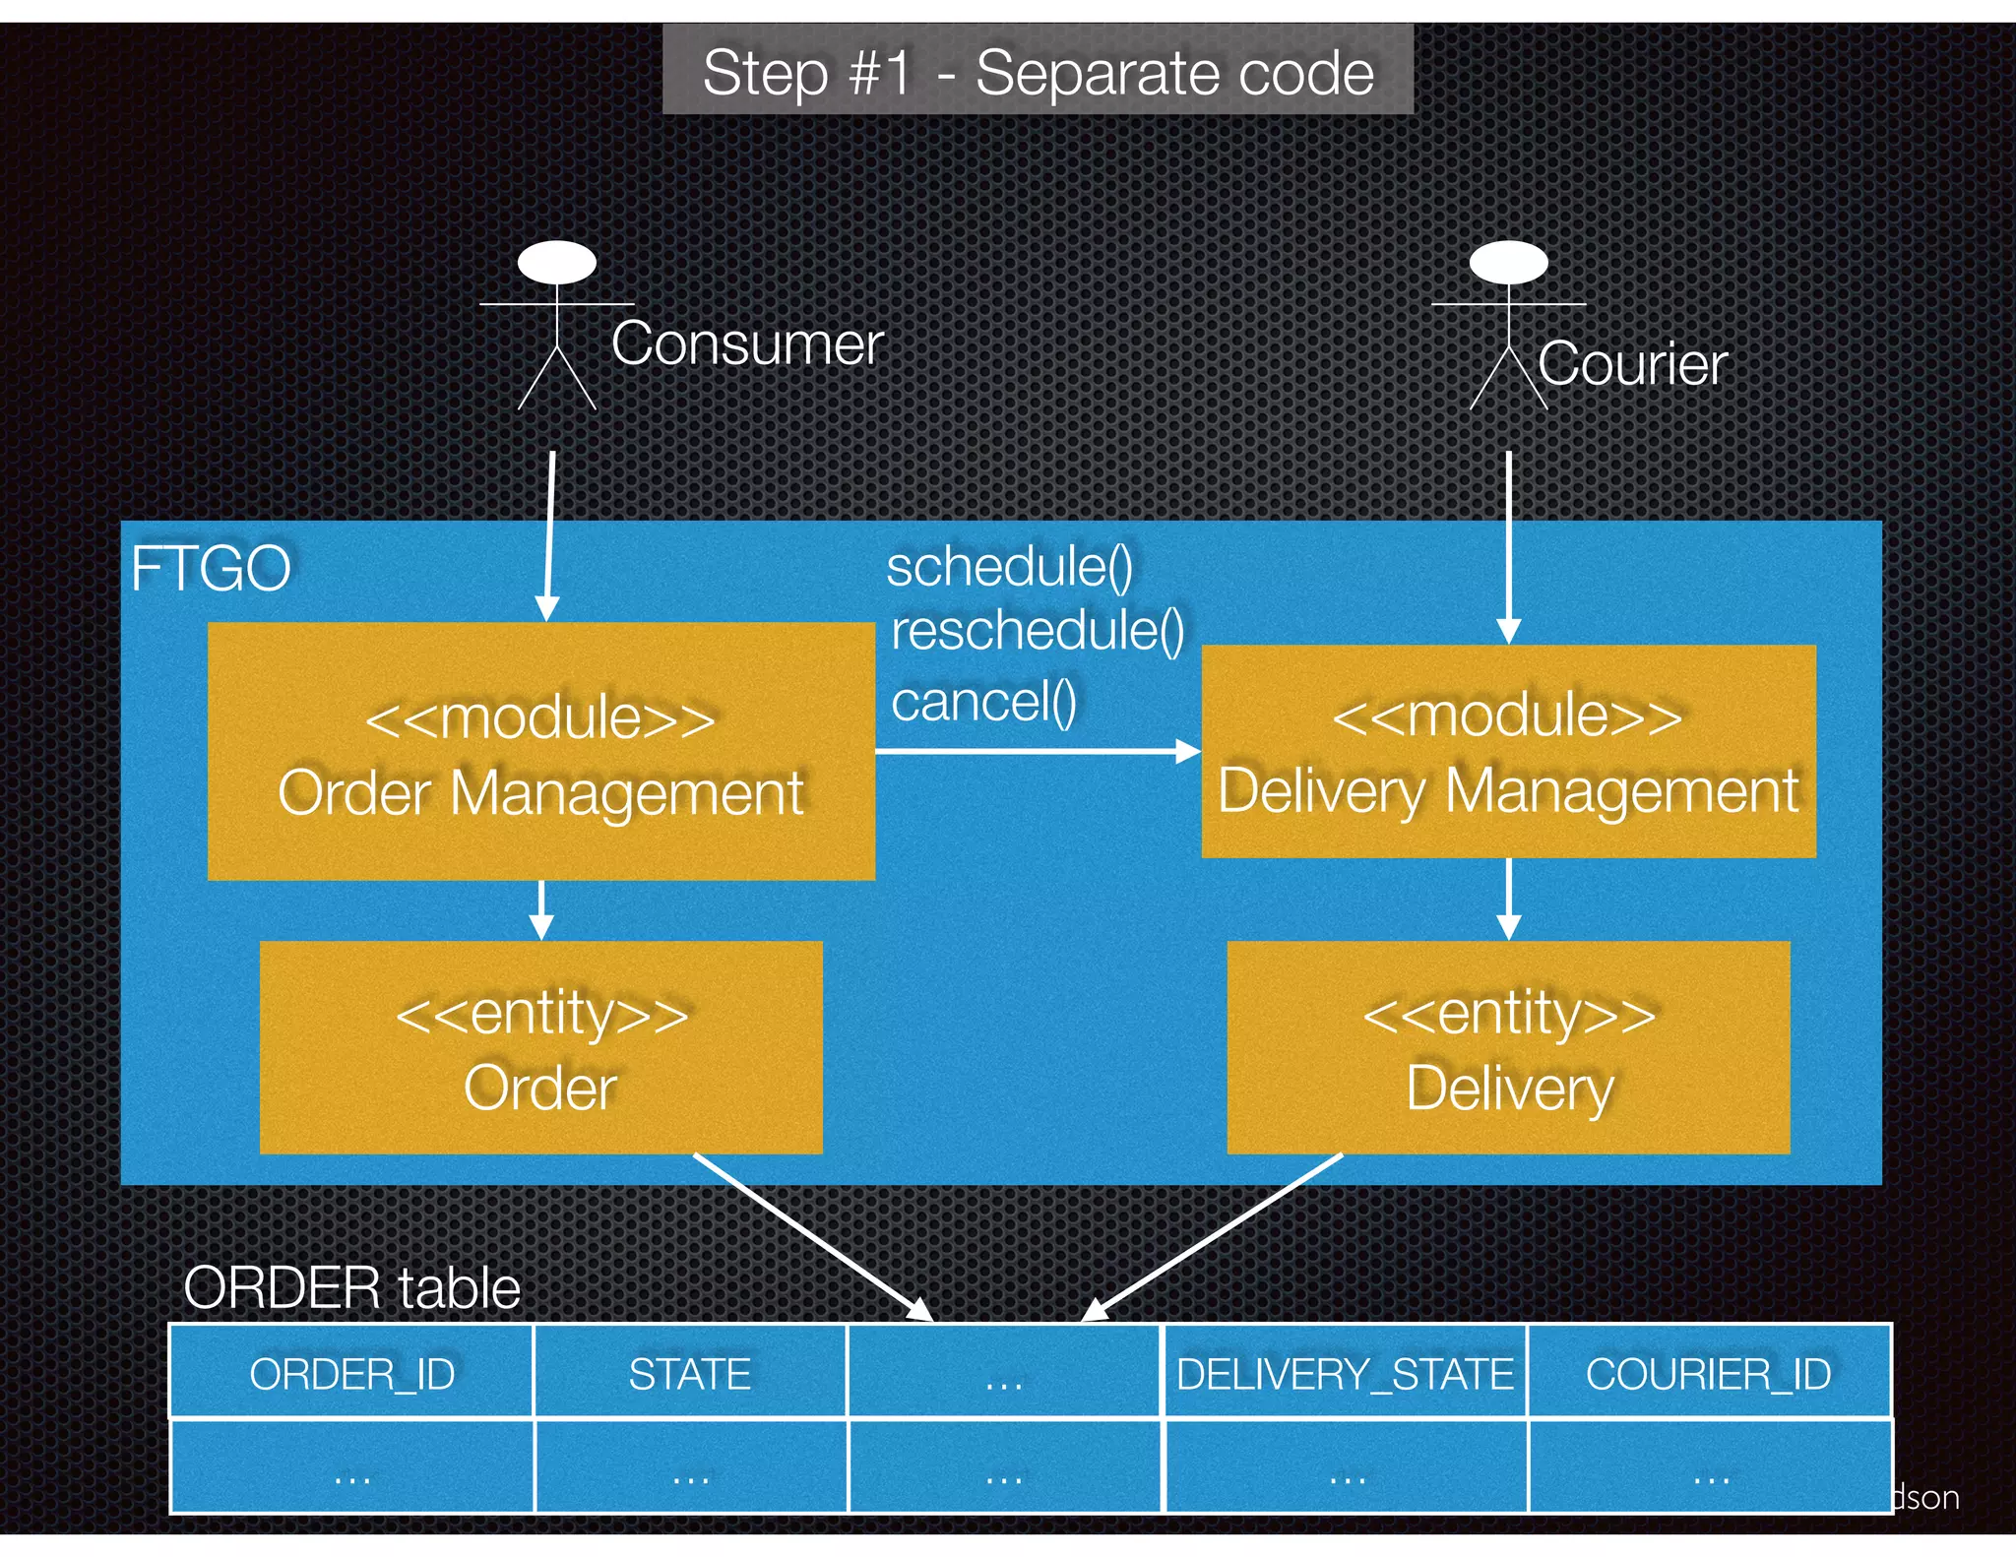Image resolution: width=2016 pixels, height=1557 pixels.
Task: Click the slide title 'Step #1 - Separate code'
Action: (x=1038, y=73)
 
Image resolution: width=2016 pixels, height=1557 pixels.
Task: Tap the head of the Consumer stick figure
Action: (x=557, y=264)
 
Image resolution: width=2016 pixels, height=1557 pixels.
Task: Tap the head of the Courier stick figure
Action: (x=1508, y=263)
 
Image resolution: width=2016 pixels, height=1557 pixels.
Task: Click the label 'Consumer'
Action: (x=747, y=343)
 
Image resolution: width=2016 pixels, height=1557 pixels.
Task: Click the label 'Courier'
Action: (x=1632, y=364)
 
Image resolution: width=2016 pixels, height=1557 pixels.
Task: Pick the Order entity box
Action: (x=540, y=1048)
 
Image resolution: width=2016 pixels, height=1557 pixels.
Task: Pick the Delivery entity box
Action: (x=1508, y=1048)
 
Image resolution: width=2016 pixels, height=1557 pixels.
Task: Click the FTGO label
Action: (x=211, y=569)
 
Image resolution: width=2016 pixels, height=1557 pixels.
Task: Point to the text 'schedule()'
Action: (x=1010, y=567)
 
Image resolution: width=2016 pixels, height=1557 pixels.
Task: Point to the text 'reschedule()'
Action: (x=1038, y=630)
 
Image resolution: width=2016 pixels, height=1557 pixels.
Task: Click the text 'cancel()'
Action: (x=983, y=702)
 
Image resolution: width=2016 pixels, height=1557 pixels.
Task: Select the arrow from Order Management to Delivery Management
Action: (x=1034, y=752)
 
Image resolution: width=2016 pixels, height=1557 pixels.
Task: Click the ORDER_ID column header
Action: (x=351, y=1374)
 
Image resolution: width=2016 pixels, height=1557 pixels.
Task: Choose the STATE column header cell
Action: (x=689, y=1374)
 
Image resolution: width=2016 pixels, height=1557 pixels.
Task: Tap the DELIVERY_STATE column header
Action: (x=1345, y=1374)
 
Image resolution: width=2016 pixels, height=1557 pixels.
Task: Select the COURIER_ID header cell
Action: (x=1709, y=1374)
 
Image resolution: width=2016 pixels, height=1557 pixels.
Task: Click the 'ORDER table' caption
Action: (x=351, y=1287)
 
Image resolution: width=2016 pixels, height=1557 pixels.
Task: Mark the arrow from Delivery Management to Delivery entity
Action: (x=1508, y=898)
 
